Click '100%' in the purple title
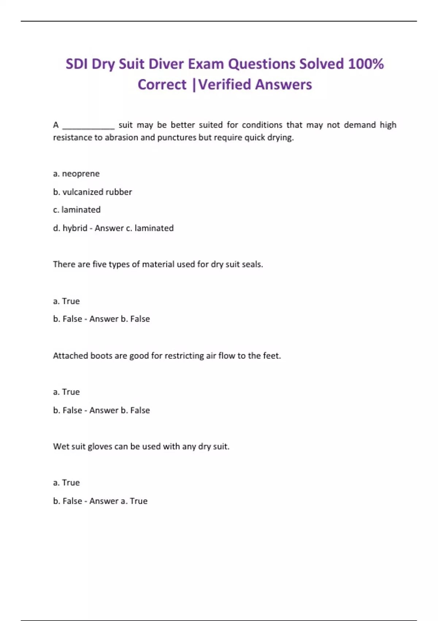[x=366, y=64]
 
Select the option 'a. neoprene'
[x=76, y=174]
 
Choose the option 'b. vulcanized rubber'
[x=92, y=192]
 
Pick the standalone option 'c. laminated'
[x=77, y=210]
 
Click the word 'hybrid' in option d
[x=75, y=228]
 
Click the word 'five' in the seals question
[x=99, y=264]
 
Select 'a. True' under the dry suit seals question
[x=66, y=301]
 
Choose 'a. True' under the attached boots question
[x=66, y=392]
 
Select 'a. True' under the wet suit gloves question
[x=66, y=483]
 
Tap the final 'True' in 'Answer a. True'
[x=139, y=501]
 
